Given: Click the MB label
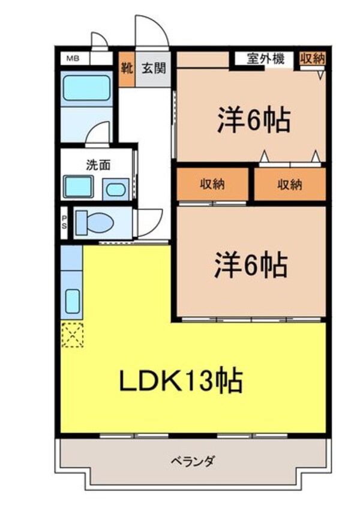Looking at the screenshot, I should point(73,59).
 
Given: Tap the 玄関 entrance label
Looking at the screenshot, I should point(153,67).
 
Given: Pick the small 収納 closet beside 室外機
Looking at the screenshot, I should point(313,59).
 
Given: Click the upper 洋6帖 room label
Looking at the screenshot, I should point(254,120).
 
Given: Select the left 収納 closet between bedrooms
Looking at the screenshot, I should point(212,184).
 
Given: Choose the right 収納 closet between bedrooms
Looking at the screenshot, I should point(290,184).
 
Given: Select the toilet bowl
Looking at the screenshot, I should point(97,223).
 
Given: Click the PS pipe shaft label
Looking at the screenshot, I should point(64,223).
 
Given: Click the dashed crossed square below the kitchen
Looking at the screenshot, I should point(72,334).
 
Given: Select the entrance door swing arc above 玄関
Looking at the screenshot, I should point(148,30).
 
